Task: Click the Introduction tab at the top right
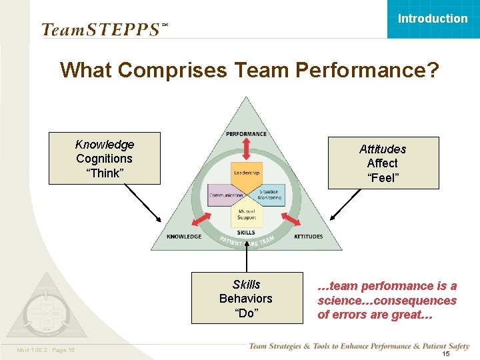click(433, 19)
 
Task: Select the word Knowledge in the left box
click(105, 145)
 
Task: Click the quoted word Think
click(105, 173)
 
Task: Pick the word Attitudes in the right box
click(383, 149)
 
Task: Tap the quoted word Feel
click(383, 178)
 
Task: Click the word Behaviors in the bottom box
click(246, 299)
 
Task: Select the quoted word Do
click(246, 313)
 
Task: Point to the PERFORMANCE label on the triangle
click(247, 134)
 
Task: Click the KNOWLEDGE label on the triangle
click(184, 237)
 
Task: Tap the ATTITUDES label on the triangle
click(308, 237)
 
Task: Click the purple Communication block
click(225, 195)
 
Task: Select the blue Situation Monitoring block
click(269, 194)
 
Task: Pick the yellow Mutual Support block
click(247, 214)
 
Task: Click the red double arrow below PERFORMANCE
click(247, 149)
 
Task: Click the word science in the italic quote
click(341, 301)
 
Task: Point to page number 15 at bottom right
click(447, 354)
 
